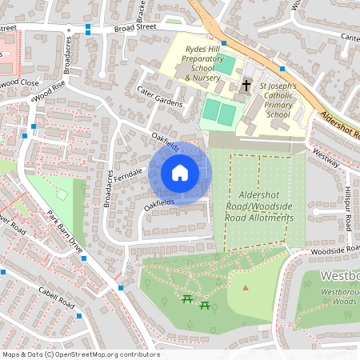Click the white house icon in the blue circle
coord(180,172)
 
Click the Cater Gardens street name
coord(160,96)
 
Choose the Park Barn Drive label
coord(65,231)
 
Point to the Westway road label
coord(326,153)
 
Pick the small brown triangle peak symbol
coord(246,287)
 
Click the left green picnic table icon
coord(187,298)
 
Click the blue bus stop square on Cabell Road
coord(78,316)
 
